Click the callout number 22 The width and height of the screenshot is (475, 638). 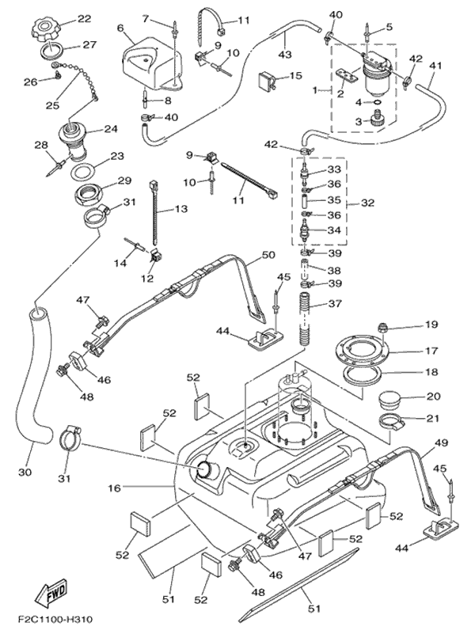coord(83,18)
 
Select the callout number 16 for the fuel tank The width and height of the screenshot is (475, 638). coord(116,488)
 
